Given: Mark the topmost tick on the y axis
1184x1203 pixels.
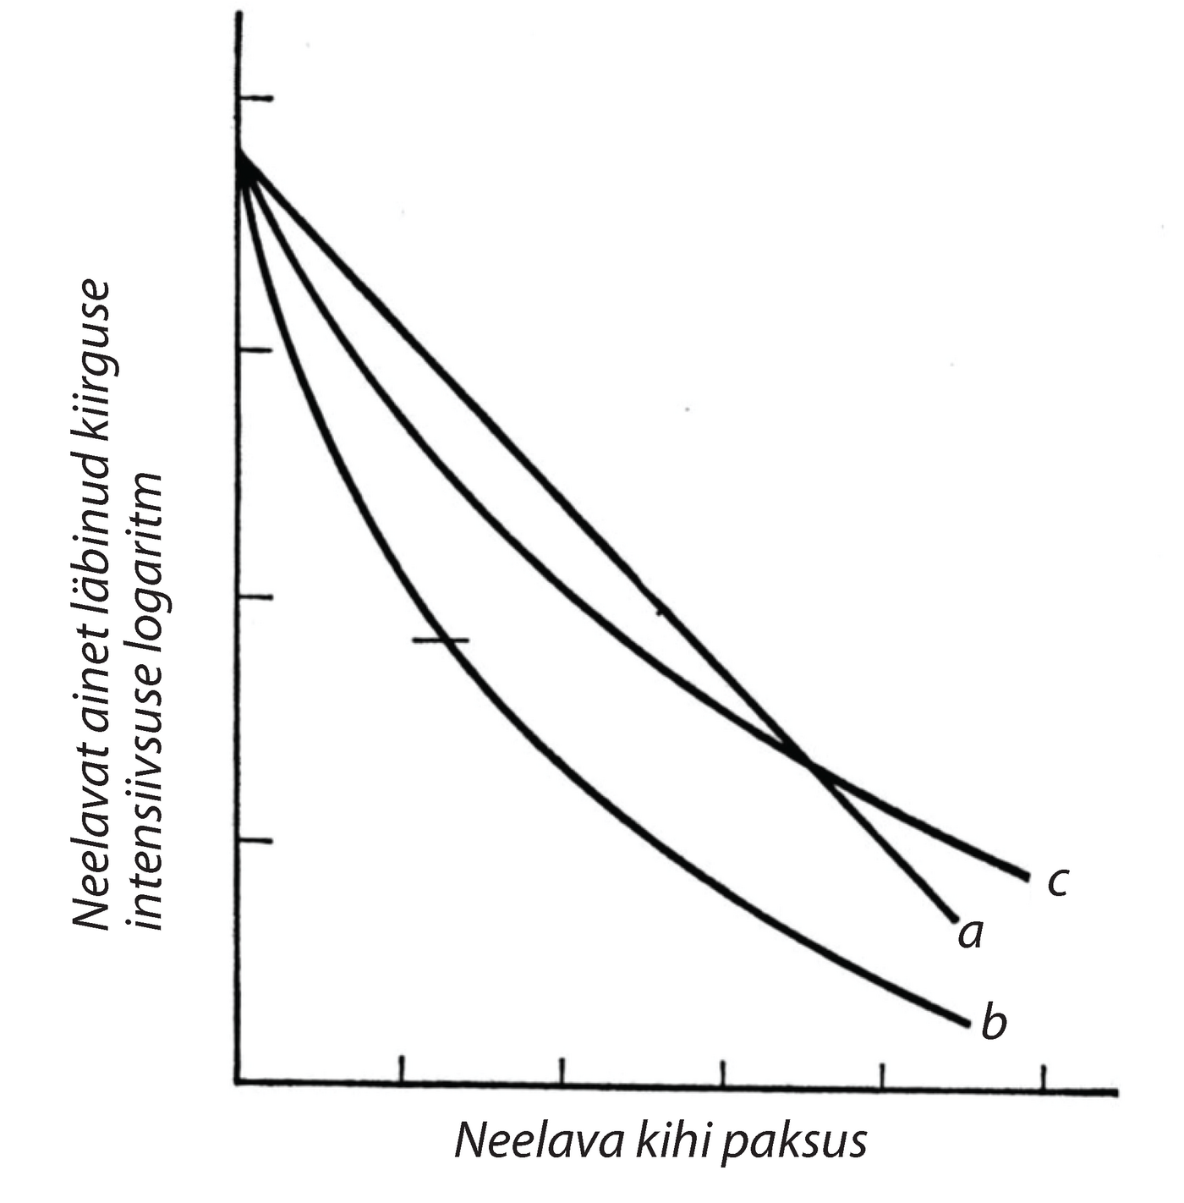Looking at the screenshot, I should pyautogui.click(x=256, y=99).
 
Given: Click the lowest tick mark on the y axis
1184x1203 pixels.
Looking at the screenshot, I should pyautogui.click(x=256, y=841).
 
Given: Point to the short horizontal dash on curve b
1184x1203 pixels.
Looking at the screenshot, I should pyautogui.click(x=440, y=640).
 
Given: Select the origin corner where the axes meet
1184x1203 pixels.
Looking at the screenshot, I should pyautogui.click(x=239, y=1080).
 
